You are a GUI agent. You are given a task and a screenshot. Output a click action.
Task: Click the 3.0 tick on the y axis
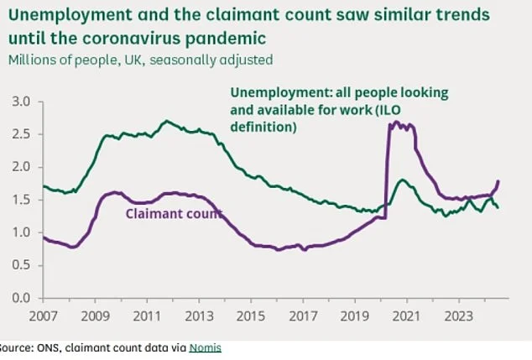[x=18, y=102]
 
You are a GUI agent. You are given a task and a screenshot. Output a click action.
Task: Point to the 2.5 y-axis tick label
[x=18, y=134]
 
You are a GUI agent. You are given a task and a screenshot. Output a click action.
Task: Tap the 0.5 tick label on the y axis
[x=18, y=265]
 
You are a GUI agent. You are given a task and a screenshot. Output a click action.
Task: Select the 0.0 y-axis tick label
[x=18, y=298]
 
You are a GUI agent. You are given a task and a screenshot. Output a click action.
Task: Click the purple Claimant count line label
[x=174, y=214]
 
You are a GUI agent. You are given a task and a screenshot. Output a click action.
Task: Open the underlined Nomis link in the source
[x=205, y=347]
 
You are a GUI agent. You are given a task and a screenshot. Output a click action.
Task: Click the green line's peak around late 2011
[x=166, y=121]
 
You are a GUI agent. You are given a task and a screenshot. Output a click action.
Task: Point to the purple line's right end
[x=499, y=180]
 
